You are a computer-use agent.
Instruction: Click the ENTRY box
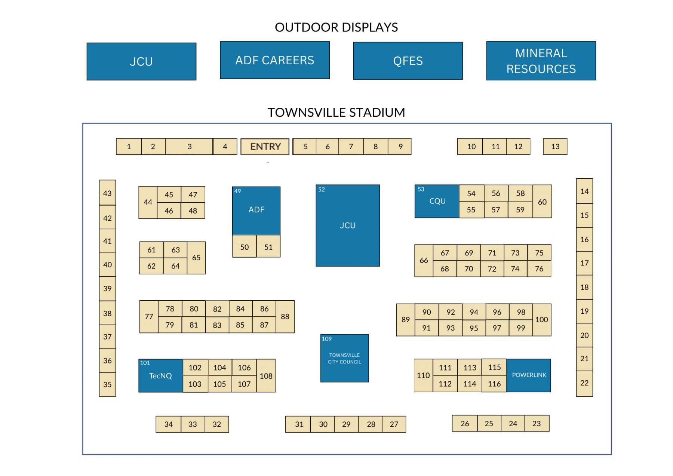(x=265, y=147)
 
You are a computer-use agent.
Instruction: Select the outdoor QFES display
(x=408, y=61)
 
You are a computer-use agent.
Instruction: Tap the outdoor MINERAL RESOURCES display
(x=541, y=61)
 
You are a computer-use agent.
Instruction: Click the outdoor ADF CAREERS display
(x=274, y=60)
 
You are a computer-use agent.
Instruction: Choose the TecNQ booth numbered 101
(x=160, y=375)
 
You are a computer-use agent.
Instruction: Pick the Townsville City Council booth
(x=344, y=358)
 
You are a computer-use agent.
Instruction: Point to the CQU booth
(x=437, y=201)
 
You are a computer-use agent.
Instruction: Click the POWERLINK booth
(x=529, y=375)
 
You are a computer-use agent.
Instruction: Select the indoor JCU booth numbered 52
(x=347, y=225)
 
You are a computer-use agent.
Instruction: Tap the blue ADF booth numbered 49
(x=256, y=210)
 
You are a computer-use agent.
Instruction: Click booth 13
(x=555, y=147)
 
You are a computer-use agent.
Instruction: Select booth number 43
(x=107, y=193)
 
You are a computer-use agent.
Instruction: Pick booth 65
(x=196, y=258)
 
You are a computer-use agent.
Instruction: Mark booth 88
(x=285, y=317)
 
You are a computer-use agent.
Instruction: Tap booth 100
(x=541, y=320)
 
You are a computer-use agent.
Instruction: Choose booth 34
(x=168, y=424)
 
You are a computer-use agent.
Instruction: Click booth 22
(x=584, y=383)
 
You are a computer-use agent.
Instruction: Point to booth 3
(x=189, y=147)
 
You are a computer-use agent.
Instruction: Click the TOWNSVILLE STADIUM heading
(x=336, y=112)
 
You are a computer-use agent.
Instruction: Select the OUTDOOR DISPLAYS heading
(x=336, y=27)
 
